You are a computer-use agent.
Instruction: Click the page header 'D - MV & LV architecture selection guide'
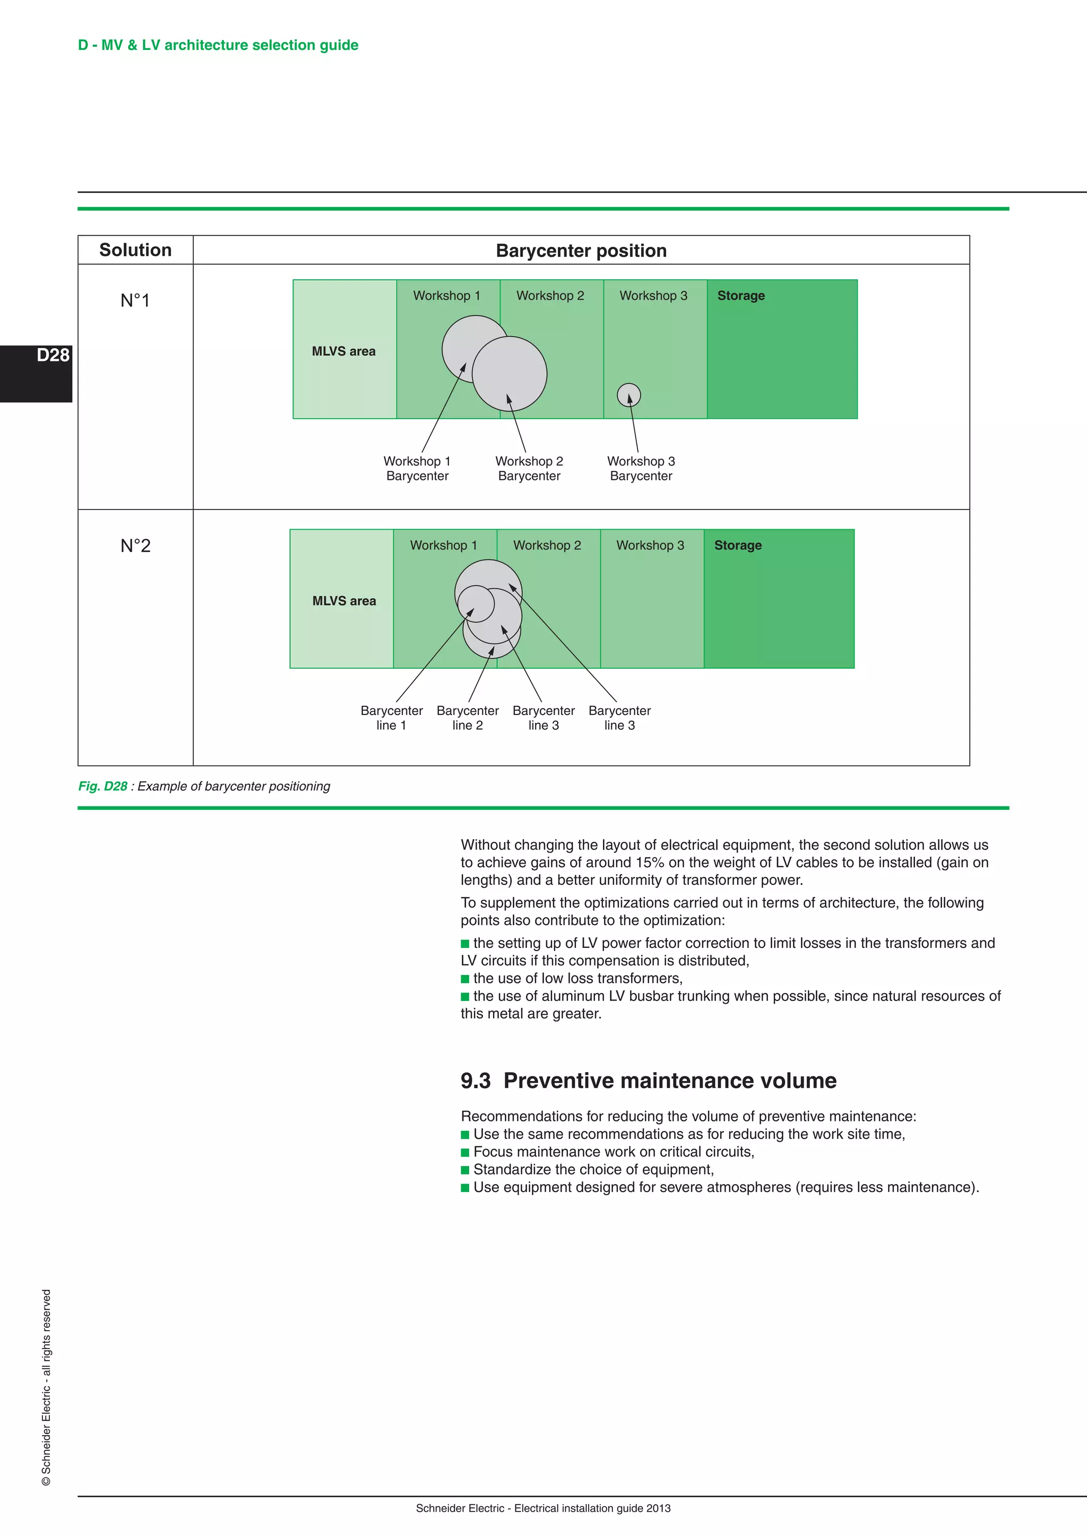pos(218,45)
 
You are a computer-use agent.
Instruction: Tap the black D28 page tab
pos(36,373)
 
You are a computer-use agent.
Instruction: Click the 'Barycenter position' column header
pos(581,251)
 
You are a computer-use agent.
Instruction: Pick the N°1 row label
pos(135,300)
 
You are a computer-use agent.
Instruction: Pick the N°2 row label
pos(135,546)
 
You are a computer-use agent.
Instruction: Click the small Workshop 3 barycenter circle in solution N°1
pos(628,395)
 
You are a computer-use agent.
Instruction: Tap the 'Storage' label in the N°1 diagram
pos(741,295)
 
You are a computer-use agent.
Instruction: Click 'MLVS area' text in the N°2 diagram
pos(344,600)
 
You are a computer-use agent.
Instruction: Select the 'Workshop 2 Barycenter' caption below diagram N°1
pos(529,469)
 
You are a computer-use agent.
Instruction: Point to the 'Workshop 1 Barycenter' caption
pos(417,469)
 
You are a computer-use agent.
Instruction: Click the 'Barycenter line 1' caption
pos(392,718)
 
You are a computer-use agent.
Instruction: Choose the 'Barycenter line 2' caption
pos(467,718)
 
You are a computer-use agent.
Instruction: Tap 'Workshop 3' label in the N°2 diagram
pos(650,545)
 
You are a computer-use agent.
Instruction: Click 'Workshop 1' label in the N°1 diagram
pos(446,295)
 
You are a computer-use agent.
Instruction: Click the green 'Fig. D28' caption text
pos(102,786)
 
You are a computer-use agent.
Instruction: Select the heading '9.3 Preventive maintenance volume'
pos(648,1081)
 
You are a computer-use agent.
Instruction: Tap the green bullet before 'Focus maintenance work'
pos(465,1152)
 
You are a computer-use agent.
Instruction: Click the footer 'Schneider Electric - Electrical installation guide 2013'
pos(543,1508)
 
